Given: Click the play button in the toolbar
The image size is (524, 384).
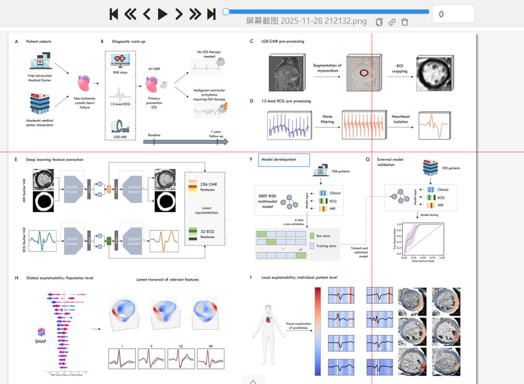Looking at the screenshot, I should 162,14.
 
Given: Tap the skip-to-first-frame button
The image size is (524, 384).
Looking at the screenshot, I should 113,14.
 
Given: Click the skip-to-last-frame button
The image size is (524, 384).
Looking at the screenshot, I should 211,14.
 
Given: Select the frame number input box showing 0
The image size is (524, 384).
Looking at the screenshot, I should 453,14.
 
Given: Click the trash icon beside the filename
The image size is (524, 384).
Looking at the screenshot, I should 405,22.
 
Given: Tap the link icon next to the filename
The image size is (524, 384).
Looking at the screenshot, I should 392,22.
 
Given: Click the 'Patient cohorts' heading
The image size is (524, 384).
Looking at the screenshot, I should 39,41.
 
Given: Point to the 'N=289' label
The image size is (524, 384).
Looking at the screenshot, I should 154,68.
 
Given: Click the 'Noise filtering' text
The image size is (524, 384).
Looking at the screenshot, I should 327,120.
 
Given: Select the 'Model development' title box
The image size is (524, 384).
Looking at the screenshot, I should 284,160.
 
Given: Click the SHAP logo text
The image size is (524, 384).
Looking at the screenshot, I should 41,342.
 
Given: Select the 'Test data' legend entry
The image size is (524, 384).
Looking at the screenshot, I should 323,236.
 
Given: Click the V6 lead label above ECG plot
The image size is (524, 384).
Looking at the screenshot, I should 211,346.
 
